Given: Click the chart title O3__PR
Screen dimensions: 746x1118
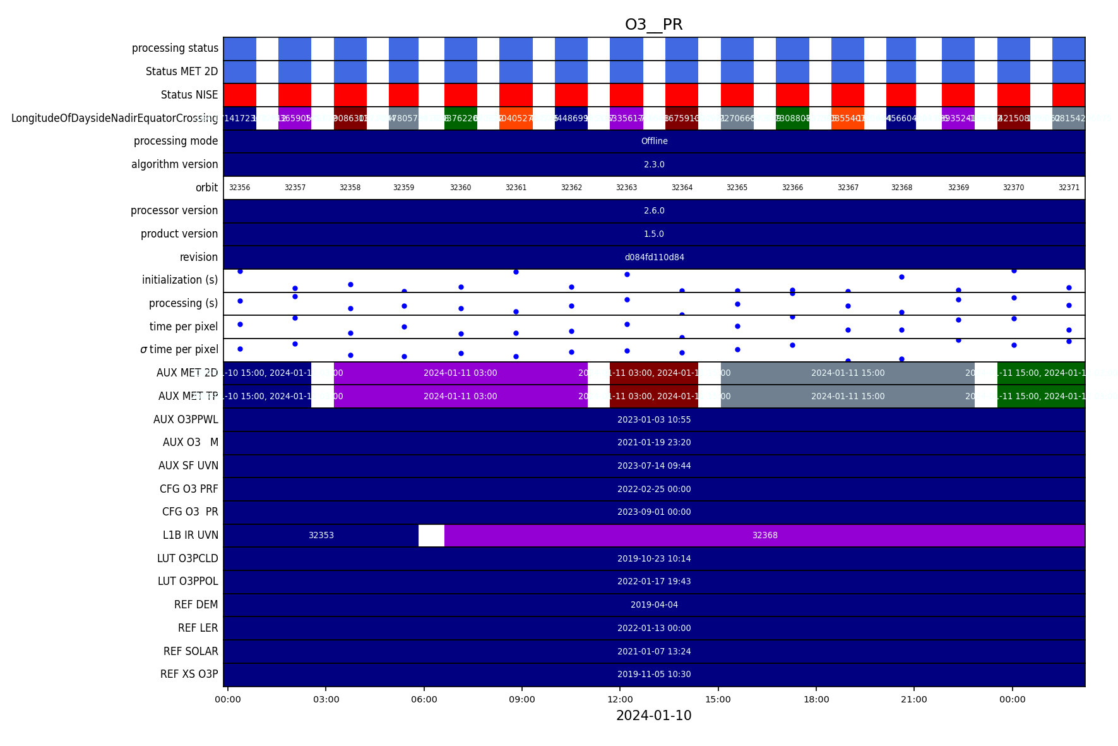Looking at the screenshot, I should click(653, 25).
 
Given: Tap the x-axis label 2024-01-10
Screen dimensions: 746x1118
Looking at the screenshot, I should click(653, 716).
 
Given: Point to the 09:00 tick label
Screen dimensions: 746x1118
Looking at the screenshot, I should click(522, 699).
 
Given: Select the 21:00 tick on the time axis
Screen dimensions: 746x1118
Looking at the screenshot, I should click(914, 699).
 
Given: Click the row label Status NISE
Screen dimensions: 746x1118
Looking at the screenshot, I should click(189, 95).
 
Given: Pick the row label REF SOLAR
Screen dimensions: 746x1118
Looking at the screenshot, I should click(191, 651).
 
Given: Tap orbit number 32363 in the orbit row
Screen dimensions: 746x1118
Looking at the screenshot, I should click(626, 188).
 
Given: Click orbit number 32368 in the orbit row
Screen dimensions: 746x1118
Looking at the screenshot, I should click(901, 188).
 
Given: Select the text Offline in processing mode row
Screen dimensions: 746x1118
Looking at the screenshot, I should click(654, 141).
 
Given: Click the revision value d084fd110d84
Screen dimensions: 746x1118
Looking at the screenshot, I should click(654, 257).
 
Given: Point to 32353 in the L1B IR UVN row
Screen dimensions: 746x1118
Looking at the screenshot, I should click(321, 536).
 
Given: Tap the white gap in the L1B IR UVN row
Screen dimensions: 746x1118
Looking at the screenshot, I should click(431, 536).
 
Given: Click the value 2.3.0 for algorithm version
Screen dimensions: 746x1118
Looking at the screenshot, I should click(654, 164).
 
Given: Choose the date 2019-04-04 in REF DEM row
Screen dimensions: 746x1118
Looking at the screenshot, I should click(654, 605).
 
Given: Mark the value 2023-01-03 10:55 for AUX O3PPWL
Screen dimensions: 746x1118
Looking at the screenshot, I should click(654, 419).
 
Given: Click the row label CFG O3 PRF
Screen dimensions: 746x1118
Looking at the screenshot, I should click(189, 489).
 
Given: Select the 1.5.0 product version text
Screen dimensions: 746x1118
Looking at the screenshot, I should click(654, 234).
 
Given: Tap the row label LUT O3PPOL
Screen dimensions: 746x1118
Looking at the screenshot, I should click(188, 581).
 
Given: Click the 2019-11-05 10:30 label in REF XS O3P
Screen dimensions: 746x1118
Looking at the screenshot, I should click(654, 675).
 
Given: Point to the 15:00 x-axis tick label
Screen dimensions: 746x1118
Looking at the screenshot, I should click(718, 699).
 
